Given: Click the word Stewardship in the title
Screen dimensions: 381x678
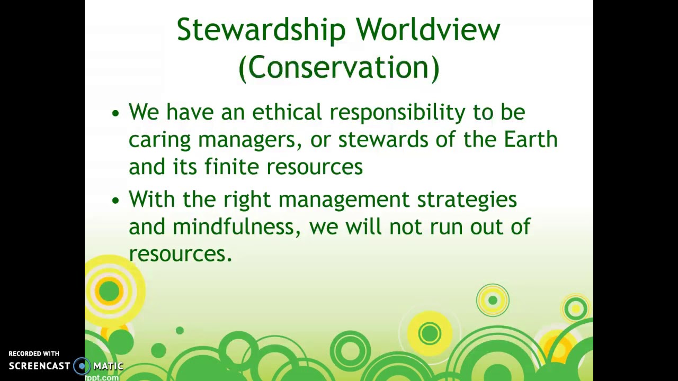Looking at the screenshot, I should [x=261, y=30].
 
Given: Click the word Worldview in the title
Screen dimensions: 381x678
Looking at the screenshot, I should [x=428, y=30].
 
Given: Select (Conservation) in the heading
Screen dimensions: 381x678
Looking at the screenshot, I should [x=339, y=68].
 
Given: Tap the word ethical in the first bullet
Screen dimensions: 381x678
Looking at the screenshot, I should [x=287, y=112].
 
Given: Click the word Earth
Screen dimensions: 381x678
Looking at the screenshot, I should [x=530, y=140].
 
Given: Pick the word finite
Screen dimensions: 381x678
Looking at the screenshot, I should [x=233, y=167].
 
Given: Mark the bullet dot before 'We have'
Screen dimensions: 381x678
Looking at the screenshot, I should [x=116, y=113].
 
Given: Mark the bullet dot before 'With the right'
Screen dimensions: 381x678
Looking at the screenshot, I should [x=116, y=201].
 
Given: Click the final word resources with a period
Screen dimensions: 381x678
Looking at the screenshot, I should [x=180, y=255].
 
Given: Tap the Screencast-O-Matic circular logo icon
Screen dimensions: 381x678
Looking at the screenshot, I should [x=82, y=366].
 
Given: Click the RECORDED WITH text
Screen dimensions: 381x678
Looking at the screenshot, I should [x=34, y=353].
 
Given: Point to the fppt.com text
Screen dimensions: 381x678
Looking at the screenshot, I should [x=102, y=377].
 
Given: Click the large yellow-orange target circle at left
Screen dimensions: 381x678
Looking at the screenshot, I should [x=110, y=291].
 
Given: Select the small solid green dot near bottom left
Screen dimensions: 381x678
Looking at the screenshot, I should [x=180, y=331].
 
